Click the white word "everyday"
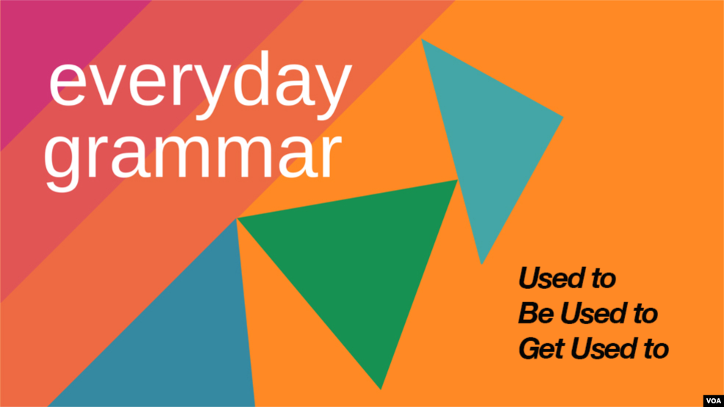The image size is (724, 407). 200,84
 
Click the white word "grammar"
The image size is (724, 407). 193,154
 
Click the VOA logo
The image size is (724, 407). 714,400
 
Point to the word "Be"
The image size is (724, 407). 536,314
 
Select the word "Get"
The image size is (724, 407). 541,348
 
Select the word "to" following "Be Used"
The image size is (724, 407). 643,315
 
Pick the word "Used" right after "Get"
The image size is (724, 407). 602,348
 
